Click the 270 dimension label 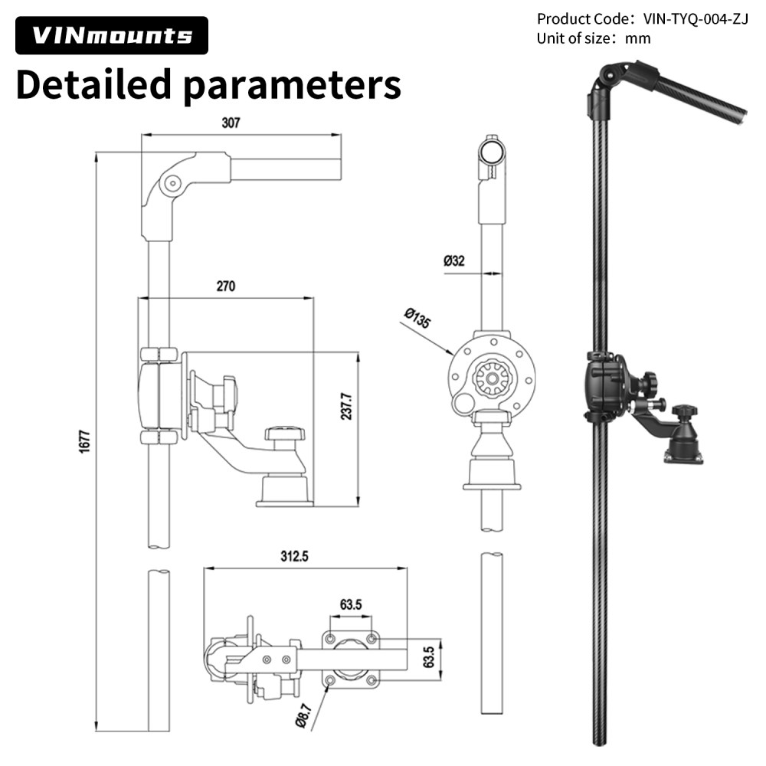pos(225,286)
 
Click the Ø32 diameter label pos(453,260)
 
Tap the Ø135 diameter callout pos(417,318)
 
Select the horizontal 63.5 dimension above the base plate pos(351,604)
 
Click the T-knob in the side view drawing pos(286,435)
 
